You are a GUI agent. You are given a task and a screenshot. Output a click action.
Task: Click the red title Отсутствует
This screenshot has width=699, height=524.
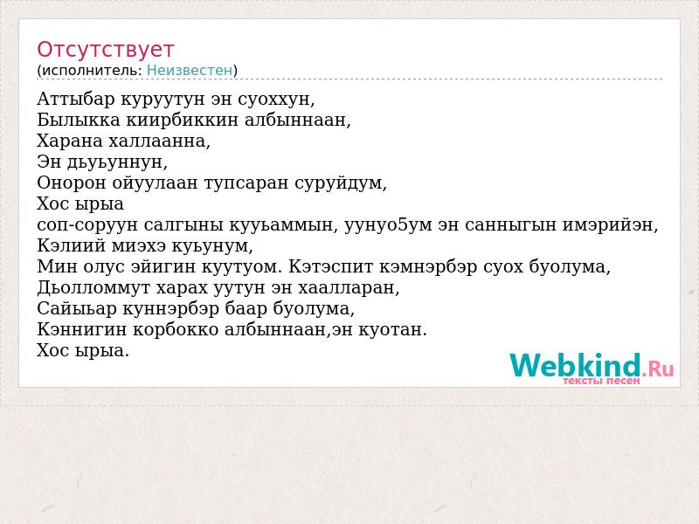pyautogui.click(x=105, y=50)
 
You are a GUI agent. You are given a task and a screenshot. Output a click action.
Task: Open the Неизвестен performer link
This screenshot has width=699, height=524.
pyautogui.click(x=190, y=71)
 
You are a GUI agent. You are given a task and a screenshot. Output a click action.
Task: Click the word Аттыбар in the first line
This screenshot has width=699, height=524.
pyautogui.click(x=76, y=99)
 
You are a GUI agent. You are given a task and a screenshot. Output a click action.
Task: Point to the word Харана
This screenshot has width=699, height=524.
pyautogui.click(x=70, y=141)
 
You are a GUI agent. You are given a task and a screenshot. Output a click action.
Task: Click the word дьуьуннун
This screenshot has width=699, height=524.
pyautogui.click(x=117, y=162)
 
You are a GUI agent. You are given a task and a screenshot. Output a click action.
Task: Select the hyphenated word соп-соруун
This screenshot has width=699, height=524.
pyautogui.click(x=87, y=224)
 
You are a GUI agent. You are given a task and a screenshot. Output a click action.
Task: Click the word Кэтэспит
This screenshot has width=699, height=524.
pyautogui.click(x=334, y=266)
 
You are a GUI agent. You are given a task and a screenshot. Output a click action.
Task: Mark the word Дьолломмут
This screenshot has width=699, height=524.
pyautogui.click(x=93, y=287)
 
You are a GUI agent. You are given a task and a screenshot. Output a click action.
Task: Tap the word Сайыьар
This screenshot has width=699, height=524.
pyautogui.click(x=77, y=308)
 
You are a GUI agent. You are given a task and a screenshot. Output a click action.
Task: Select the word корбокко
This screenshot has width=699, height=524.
pyautogui.click(x=176, y=329)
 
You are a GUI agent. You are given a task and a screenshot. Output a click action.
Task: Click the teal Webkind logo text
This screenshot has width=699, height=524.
pyautogui.click(x=576, y=365)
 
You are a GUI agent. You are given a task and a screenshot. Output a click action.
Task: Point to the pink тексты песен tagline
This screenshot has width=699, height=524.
pyautogui.click(x=601, y=381)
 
